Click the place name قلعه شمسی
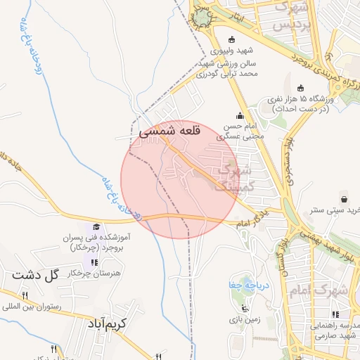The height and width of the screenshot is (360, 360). click(x=170, y=131)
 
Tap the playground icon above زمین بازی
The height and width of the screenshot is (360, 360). click(x=245, y=308)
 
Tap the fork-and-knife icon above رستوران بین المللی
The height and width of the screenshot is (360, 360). click(x=25, y=295)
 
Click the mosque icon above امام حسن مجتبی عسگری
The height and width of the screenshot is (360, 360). click(x=241, y=116)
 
